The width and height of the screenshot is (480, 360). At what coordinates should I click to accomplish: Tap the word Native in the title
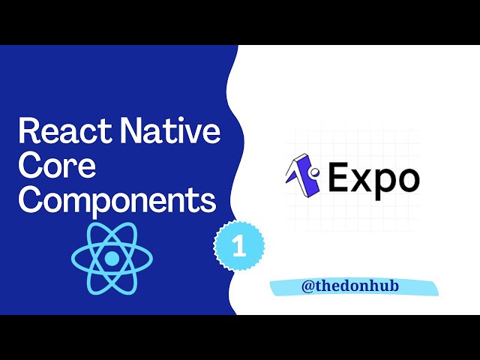point(172,132)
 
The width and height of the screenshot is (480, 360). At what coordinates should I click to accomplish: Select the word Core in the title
point(56,166)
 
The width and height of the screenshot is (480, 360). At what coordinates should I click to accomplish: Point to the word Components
point(116,201)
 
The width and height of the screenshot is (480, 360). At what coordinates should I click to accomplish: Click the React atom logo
point(112,257)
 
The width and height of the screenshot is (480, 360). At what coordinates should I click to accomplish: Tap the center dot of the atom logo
point(112,258)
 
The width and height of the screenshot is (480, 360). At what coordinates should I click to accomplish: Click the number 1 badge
point(239,247)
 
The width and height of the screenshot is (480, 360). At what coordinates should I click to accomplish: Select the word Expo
point(373,179)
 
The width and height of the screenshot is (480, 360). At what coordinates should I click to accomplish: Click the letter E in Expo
point(339,178)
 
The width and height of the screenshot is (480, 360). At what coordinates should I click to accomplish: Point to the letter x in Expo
point(362,181)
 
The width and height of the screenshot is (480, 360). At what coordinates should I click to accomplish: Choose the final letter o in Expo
point(408,181)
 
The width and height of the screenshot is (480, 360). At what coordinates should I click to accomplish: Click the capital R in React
point(29,132)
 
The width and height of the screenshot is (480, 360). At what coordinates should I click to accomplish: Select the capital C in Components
point(30,200)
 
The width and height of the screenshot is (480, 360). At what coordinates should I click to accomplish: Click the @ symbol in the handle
point(308,286)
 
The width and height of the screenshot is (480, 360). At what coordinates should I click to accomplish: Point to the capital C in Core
point(30,166)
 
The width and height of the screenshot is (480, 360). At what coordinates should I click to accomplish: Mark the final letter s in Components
point(208,202)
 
